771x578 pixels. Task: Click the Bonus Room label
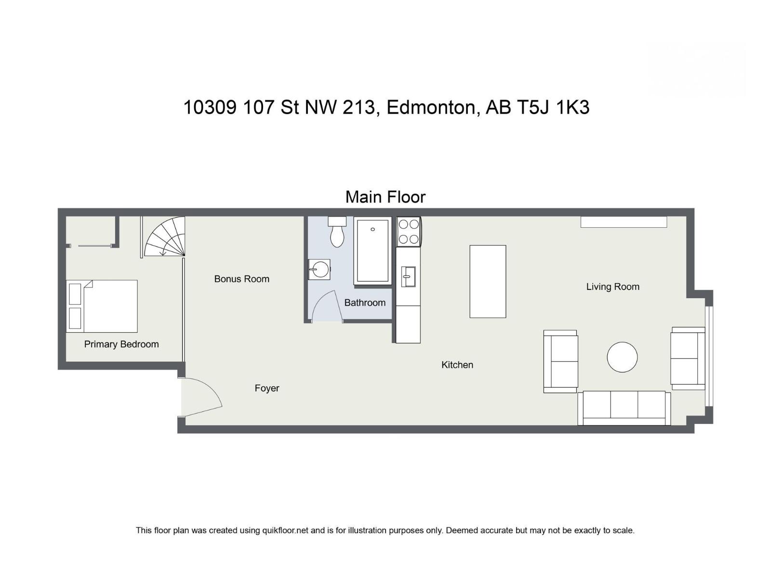point(241,279)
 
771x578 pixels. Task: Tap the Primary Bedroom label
point(121,344)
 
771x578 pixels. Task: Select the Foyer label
point(267,388)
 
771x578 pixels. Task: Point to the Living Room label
point(612,287)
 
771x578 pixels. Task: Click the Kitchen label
point(457,365)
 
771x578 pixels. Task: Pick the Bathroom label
point(365,303)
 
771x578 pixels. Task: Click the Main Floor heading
point(385,197)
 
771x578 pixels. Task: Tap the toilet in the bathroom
point(337,234)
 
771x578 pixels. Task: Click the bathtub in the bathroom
point(372,251)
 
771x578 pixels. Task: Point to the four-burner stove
point(409,231)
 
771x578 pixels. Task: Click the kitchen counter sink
point(408,276)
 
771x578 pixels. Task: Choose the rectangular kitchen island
point(488,281)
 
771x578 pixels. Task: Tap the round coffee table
point(622,357)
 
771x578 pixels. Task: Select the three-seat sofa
point(624,407)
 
